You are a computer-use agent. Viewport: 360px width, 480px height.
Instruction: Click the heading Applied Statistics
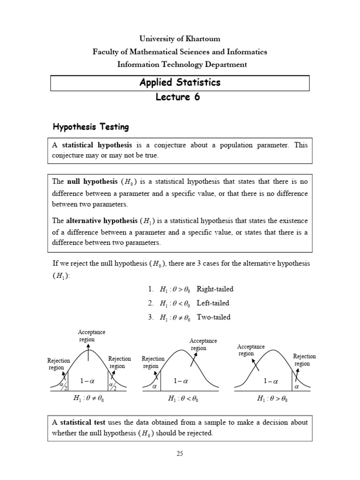coord(180,82)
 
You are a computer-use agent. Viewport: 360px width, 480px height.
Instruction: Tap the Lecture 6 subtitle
coord(180,97)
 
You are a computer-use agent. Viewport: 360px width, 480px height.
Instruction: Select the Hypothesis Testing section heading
coord(90,127)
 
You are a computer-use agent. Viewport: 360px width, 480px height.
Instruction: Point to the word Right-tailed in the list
coord(215,289)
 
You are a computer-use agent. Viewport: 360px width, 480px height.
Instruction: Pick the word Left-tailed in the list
coord(213,303)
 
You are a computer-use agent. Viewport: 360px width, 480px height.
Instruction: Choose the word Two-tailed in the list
coord(214,317)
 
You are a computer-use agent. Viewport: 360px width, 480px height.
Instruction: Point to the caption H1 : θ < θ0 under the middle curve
coord(183,399)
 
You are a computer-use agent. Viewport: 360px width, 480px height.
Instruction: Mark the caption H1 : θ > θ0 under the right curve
coord(272,399)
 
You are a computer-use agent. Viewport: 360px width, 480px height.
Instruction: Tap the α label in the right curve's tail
coord(296,387)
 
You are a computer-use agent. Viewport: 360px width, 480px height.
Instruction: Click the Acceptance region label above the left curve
coord(91,336)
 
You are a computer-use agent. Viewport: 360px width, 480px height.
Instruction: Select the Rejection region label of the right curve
coord(304,360)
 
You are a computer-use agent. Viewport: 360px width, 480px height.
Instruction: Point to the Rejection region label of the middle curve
coord(153,362)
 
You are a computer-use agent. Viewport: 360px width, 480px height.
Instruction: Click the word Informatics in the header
coord(247,52)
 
